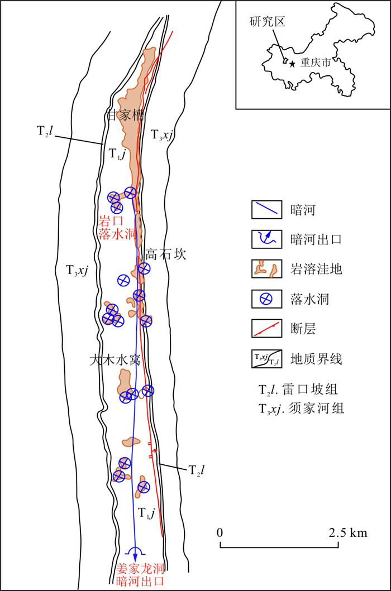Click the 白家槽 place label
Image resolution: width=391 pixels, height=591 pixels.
click(125, 116)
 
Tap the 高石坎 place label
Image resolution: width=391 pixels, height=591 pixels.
click(165, 254)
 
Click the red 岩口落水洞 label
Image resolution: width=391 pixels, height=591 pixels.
click(117, 227)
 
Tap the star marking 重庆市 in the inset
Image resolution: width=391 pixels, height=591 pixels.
click(293, 64)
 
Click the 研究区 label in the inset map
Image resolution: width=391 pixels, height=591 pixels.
click(267, 22)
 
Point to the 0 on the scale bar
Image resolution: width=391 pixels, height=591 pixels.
click(221, 532)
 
